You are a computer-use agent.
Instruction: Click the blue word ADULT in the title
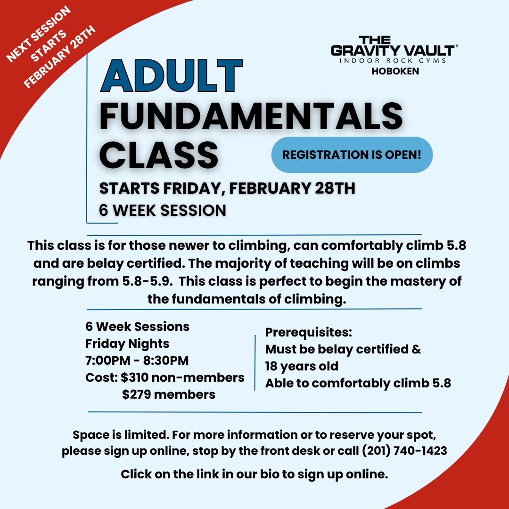(172, 75)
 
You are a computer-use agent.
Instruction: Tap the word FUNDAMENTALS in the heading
(251, 116)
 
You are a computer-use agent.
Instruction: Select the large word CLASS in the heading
(159, 155)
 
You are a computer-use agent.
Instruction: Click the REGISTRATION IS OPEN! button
(352, 155)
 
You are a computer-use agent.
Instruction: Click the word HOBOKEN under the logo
(395, 71)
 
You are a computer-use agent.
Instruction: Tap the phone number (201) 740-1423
(404, 451)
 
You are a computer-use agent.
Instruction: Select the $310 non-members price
(182, 378)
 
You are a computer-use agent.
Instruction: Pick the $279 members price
(169, 394)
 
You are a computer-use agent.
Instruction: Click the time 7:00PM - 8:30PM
(137, 361)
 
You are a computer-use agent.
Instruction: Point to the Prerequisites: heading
(308, 332)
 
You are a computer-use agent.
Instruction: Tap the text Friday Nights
(127, 344)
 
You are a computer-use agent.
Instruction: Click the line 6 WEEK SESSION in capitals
(163, 210)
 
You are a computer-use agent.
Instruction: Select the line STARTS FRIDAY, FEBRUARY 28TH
(227, 188)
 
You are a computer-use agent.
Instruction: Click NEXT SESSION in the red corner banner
(38, 34)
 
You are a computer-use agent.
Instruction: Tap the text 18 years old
(302, 366)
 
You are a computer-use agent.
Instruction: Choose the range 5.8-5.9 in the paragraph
(147, 281)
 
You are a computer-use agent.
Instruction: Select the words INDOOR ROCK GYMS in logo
(393, 61)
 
